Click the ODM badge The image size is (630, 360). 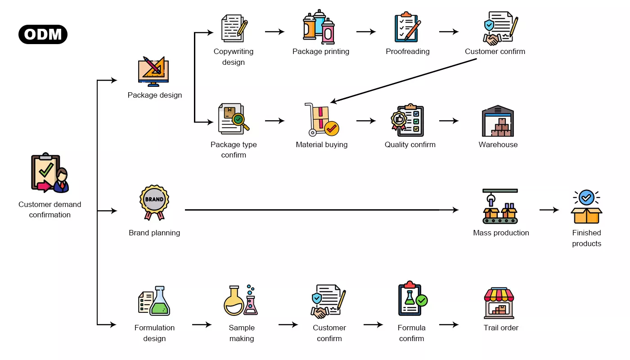[x=43, y=35]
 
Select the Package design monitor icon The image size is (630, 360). [x=153, y=72]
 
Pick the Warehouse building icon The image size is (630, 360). [x=498, y=121]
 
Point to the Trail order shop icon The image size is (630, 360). [x=499, y=303]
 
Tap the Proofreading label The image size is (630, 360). [x=408, y=51]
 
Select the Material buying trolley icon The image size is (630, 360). [x=321, y=119]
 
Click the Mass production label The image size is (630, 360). [x=501, y=233]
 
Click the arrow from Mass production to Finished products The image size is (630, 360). [x=549, y=210]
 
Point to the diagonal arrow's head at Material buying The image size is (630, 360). [x=333, y=102]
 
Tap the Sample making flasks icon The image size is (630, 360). [x=241, y=300]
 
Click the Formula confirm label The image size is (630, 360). [x=412, y=333]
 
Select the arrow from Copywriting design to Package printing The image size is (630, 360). [x=274, y=31]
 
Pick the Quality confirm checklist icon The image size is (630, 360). [x=407, y=120]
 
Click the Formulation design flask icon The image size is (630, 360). [x=154, y=301]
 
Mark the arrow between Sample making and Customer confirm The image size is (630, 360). [x=288, y=324]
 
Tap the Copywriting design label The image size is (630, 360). [x=234, y=57]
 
